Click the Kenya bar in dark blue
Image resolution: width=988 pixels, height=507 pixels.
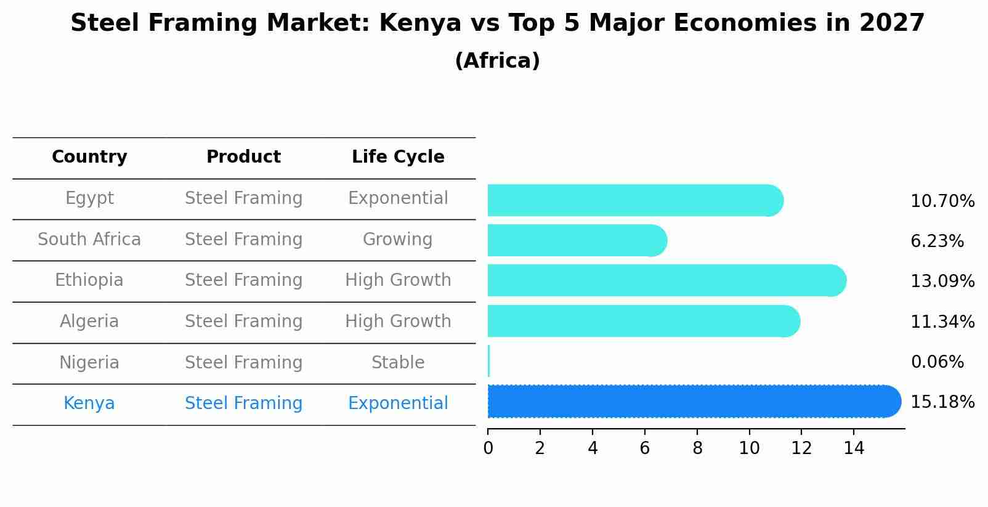pyautogui.click(x=690, y=402)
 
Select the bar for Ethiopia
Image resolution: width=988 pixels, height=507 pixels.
pyautogui.click(x=665, y=280)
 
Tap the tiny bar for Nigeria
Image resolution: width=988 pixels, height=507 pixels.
pyautogui.click(x=488, y=362)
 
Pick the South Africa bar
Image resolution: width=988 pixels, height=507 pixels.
pyautogui.click(x=576, y=240)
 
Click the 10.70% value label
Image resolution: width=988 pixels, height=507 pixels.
pyautogui.click(x=942, y=201)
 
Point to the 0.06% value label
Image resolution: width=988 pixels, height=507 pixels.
pyautogui.click(x=937, y=362)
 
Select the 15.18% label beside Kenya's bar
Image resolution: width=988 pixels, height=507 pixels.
pyautogui.click(x=942, y=402)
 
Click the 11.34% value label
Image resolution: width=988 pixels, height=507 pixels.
pyautogui.click(x=942, y=322)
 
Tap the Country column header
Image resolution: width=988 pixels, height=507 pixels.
pyautogui.click(x=89, y=157)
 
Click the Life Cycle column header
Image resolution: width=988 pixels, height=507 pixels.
pyautogui.click(x=398, y=157)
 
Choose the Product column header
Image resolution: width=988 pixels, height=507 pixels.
pyautogui.click(x=243, y=157)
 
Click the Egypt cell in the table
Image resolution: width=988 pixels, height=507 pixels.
pyautogui.click(x=89, y=198)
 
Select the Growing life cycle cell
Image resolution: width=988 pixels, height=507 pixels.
pyautogui.click(x=397, y=240)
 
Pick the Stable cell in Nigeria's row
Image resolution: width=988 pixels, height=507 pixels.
pyautogui.click(x=397, y=363)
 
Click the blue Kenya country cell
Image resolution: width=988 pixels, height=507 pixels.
pyautogui.click(x=89, y=404)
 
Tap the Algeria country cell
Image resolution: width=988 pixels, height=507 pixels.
pyautogui.click(x=89, y=322)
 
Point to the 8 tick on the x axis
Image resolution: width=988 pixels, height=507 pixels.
pyautogui.click(x=697, y=448)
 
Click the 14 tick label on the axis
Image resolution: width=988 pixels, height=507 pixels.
pyautogui.click(x=854, y=448)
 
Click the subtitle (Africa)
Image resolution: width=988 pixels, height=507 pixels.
pyautogui.click(x=497, y=61)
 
